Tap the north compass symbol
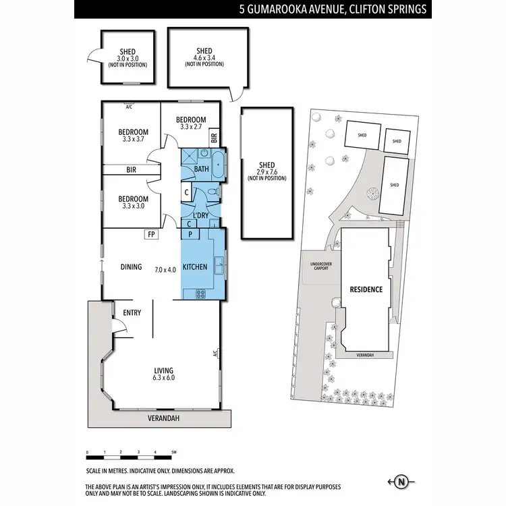403,481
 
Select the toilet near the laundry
214,194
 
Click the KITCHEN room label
195,267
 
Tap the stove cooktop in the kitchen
200,293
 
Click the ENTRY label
132,312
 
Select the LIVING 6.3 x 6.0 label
163,374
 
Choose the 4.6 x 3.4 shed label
204,57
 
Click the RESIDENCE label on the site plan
366,289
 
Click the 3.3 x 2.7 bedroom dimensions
191,126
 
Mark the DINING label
132,267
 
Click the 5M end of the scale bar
173,452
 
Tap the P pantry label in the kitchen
191,234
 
